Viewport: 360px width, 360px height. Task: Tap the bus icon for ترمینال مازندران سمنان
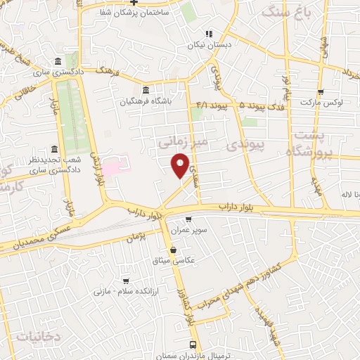(194, 345)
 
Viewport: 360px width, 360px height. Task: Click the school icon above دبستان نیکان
(208, 33)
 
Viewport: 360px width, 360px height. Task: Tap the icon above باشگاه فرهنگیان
(146, 91)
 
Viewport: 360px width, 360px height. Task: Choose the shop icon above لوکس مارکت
(321, 92)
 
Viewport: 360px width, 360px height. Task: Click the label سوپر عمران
(187, 230)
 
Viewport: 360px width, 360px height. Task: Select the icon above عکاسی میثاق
(173, 250)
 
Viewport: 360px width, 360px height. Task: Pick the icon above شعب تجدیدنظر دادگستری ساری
(55, 150)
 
